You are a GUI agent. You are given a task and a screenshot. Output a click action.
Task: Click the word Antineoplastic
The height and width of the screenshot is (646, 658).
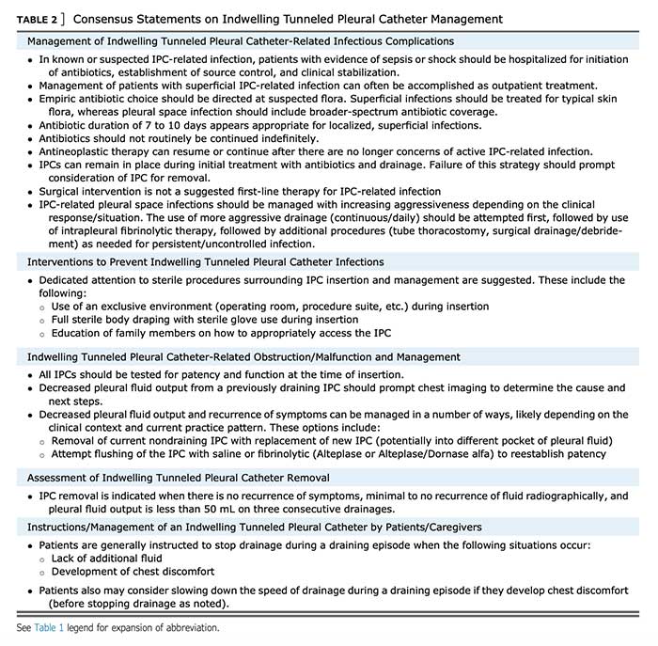[x=79, y=151]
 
